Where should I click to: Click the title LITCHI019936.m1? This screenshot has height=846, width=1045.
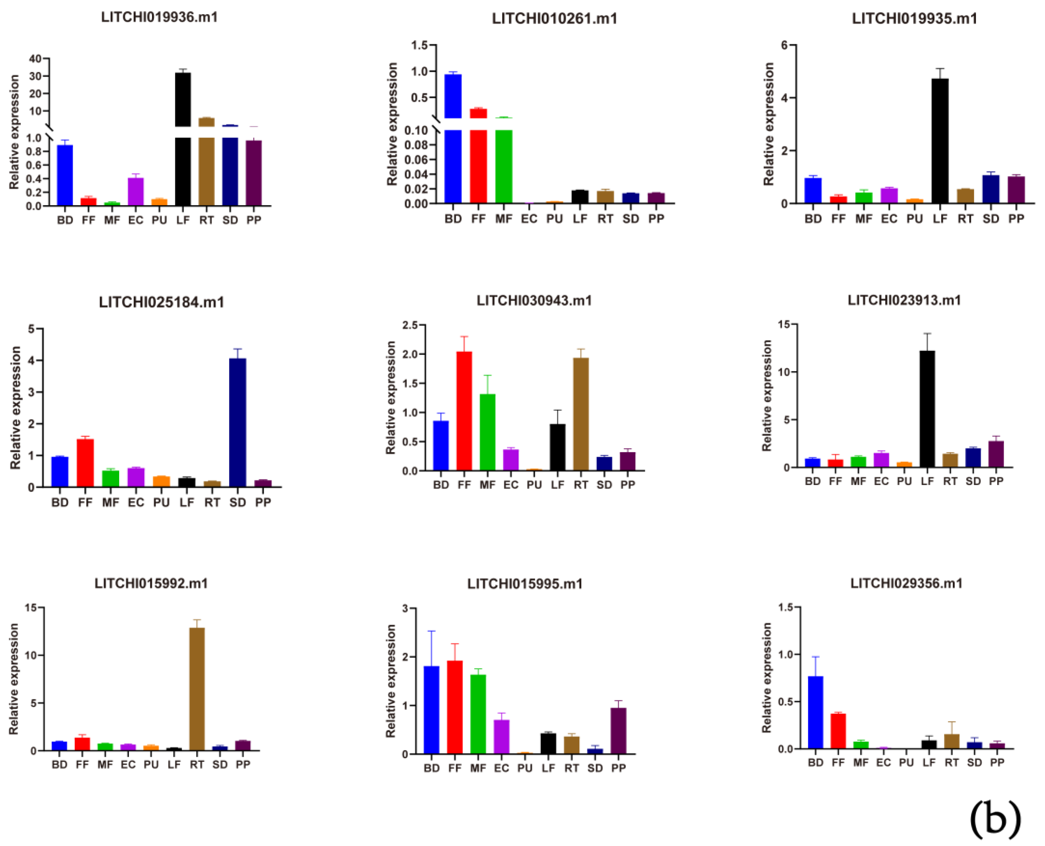pyautogui.click(x=159, y=18)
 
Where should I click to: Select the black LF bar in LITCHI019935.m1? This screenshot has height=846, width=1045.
pyautogui.click(x=940, y=141)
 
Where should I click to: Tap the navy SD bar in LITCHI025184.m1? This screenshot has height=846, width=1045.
pyautogui.click(x=238, y=423)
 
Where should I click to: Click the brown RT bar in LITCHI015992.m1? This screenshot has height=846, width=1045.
pyautogui.click(x=197, y=690)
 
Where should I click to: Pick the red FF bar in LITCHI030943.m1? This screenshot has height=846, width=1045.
pyautogui.click(x=464, y=411)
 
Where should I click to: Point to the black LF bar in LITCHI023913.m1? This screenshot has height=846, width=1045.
pyautogui.click(x=927, y=409)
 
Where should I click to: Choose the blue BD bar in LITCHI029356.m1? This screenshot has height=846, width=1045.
pyautogui.click(x=816, y=712)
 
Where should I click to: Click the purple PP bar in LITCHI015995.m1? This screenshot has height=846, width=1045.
pyautogui.click(x=619, y=731)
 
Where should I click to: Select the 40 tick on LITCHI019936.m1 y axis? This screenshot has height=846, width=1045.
pyautogui.click(x=35, y=58)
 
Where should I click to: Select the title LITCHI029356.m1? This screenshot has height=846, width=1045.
pyautogui.click(x=906, y=583)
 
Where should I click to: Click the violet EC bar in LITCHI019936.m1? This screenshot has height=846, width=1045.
pyautogui.click(x=136, y=191)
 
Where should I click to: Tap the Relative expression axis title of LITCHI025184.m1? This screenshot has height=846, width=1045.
pyautogui.click(x=16, y=408)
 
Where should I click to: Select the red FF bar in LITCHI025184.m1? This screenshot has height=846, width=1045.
pyautogui.click(x=85, y=462)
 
